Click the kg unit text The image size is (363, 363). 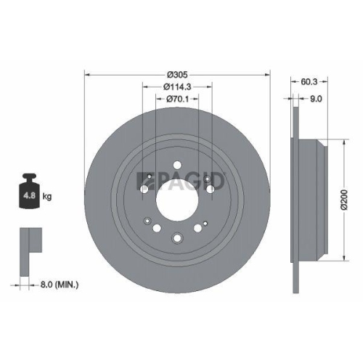coord(47,197)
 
